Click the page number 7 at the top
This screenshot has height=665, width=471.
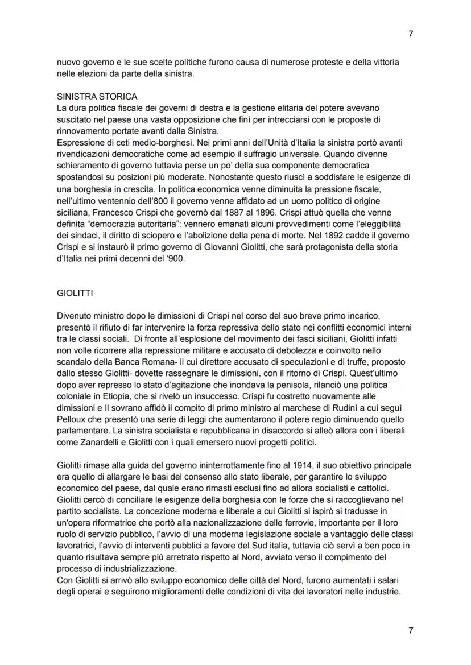(411, 34)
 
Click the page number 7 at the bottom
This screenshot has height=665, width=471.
(411, 630)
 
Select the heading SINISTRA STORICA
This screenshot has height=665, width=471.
(97, 97)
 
